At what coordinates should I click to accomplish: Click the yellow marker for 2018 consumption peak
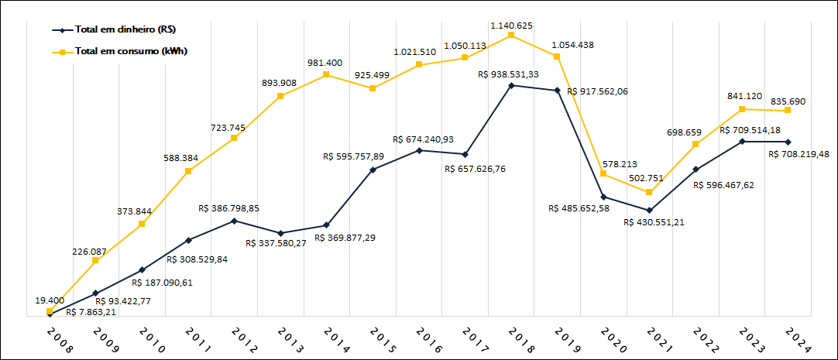pos(511,35)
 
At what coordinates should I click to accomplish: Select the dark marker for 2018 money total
pos(511,85)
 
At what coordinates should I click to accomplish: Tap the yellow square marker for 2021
pos(650,192)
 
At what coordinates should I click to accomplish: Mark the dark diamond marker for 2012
pos(235,221)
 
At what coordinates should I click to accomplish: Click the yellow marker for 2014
pos(327,74)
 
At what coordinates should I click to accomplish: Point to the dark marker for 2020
pos(603,197)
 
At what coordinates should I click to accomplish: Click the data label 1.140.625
pos(510,26)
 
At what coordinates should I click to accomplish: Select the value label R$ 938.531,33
pos(508,74)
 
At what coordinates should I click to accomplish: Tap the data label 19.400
pos(49,300)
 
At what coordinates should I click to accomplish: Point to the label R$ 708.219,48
pos(799,154)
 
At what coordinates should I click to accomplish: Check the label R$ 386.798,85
pos(228,208)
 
